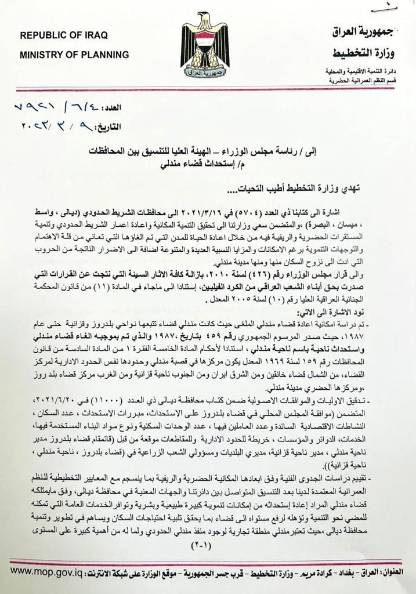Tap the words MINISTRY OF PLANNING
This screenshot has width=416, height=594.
click(x=74, y=55)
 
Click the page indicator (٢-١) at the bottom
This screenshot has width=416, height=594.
click(x=207, y=546)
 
